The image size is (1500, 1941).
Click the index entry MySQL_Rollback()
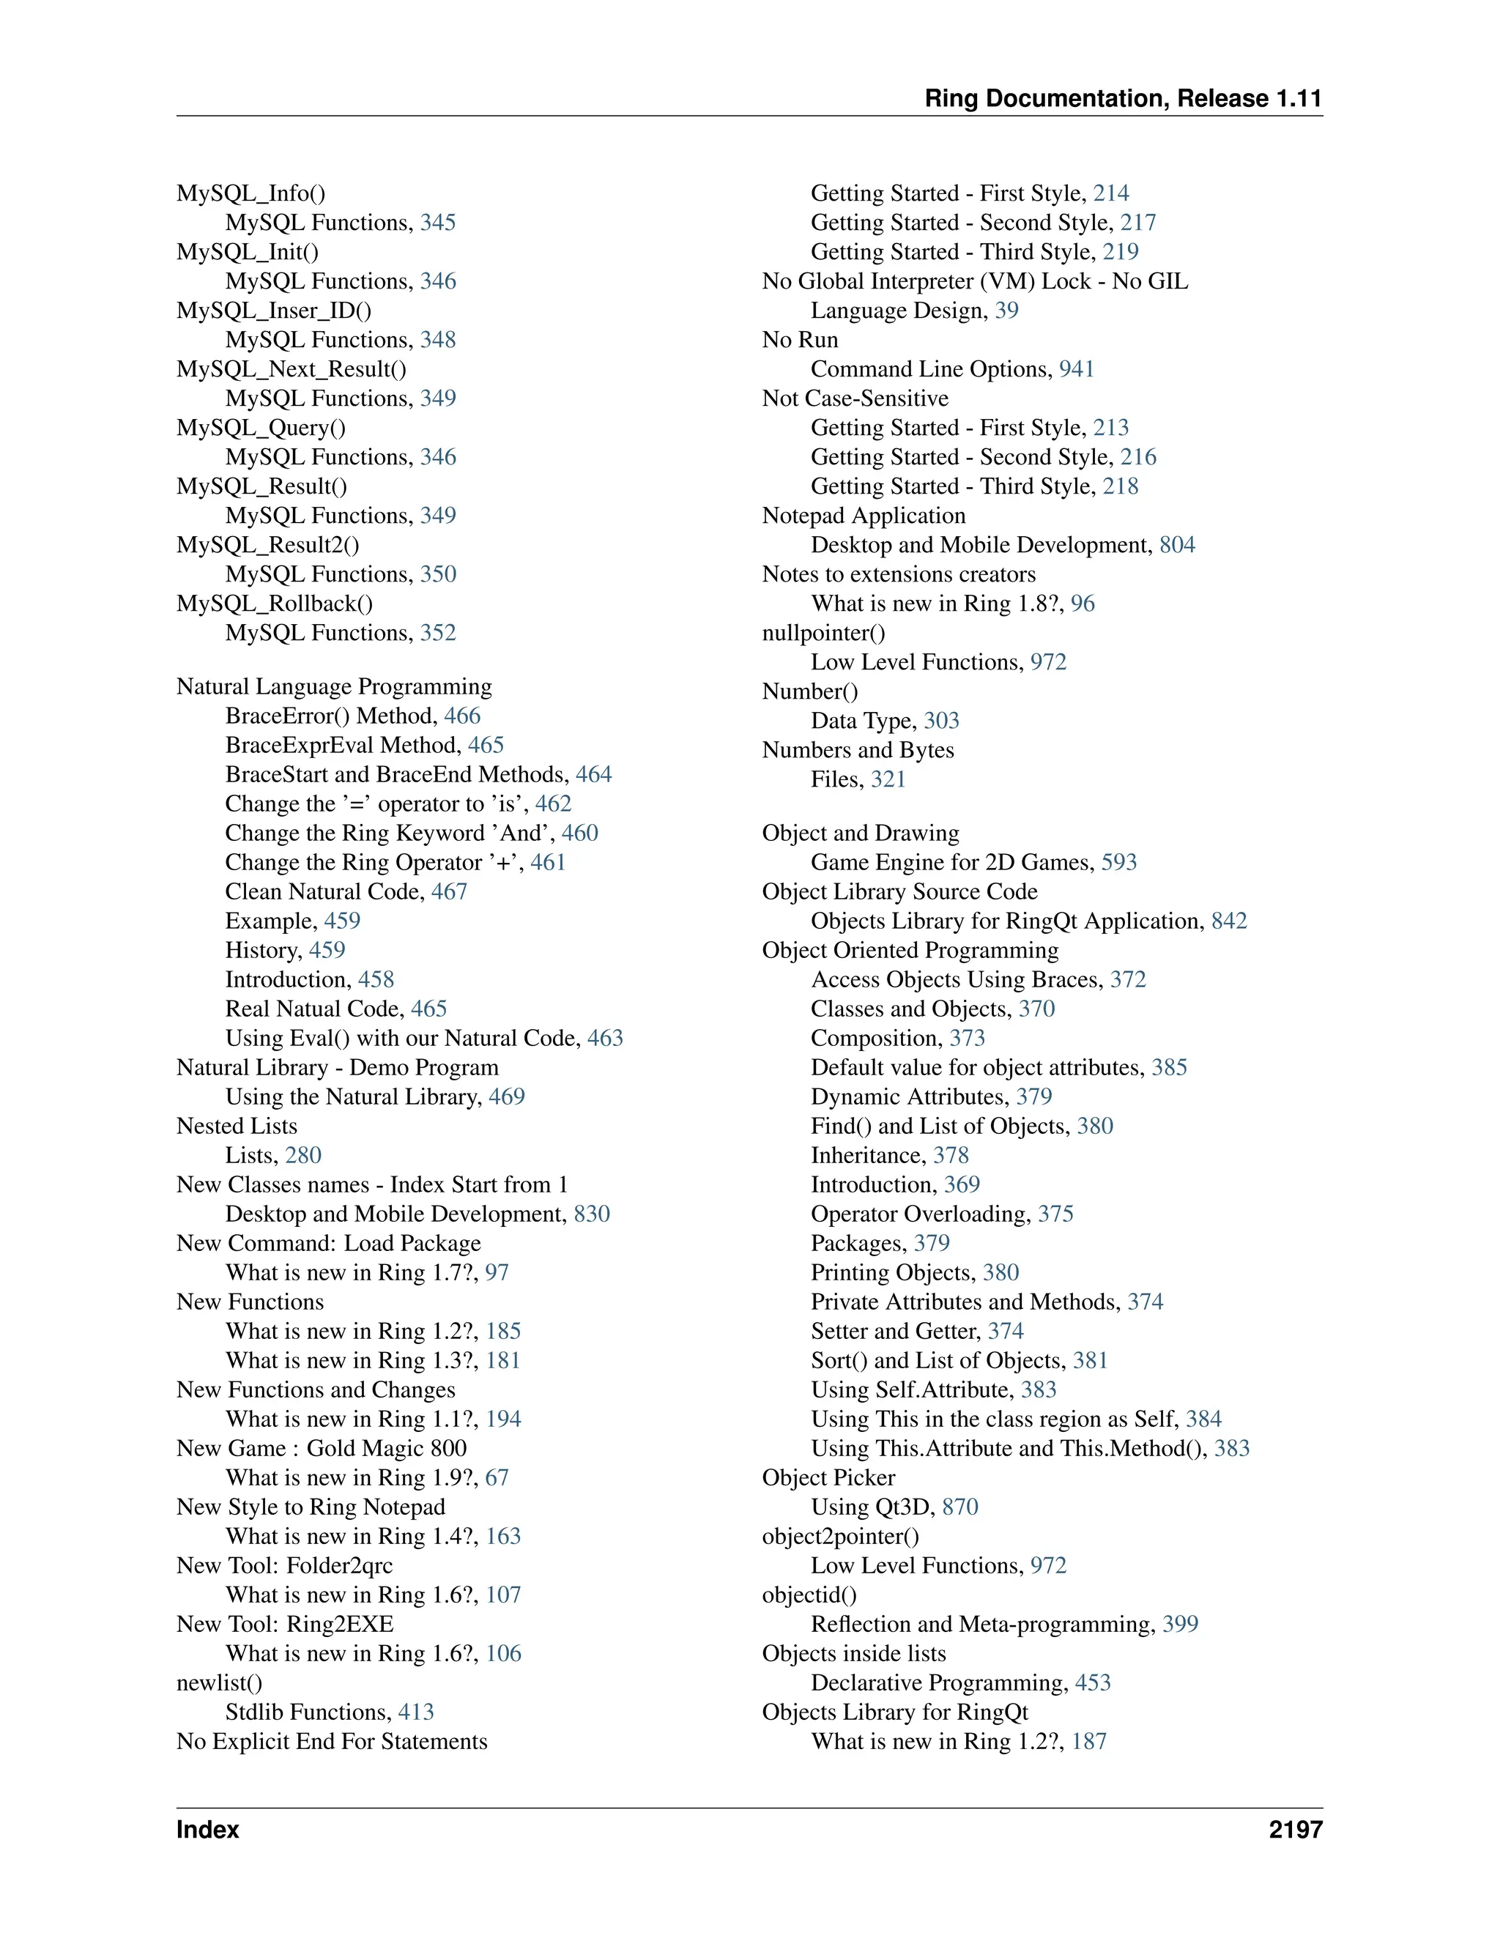[x=275, y=604]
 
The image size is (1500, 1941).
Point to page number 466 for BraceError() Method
[x=462, y=716]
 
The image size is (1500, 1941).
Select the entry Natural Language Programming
[x=334, y=686]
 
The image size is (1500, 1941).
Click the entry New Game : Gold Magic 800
[x=322, y=1449]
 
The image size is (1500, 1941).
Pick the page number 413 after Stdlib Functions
[x=416, y=1712]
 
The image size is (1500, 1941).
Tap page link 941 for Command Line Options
[x=1076, y=369]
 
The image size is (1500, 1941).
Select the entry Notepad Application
[x=863, y=516]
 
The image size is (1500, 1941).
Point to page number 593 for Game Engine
[x=1119, y=862]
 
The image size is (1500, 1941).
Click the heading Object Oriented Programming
[x=910, y=950]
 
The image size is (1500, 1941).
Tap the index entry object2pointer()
[x=841, y=1537]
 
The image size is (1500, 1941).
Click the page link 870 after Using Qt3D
[x=959, y=1507]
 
